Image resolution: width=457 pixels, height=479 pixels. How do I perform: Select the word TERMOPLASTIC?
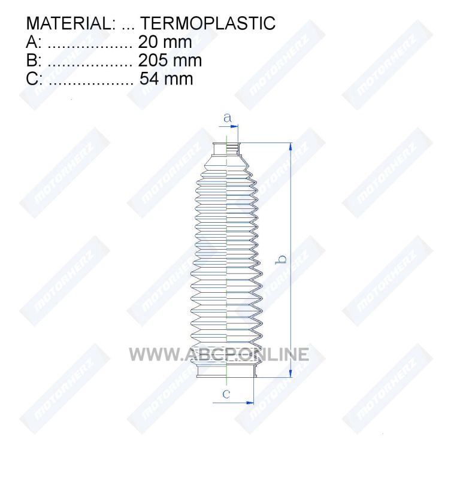tap(208, 23)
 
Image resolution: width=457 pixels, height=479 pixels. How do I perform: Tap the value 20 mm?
tap(165, 42)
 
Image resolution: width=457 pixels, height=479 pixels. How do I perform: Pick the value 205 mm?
tap(170, 60)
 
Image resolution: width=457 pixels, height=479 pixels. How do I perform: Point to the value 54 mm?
tap(167, 78)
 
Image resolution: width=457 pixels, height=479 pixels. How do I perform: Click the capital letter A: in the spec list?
tap(34, 42)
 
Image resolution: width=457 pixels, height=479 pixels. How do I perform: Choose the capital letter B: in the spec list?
tap(34, 60)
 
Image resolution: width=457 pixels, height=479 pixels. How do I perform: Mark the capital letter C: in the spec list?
tap(34, 78)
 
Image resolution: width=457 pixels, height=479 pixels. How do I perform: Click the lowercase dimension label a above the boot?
tap(228, 117)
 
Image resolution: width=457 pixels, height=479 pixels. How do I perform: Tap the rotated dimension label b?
tap(282, 259)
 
